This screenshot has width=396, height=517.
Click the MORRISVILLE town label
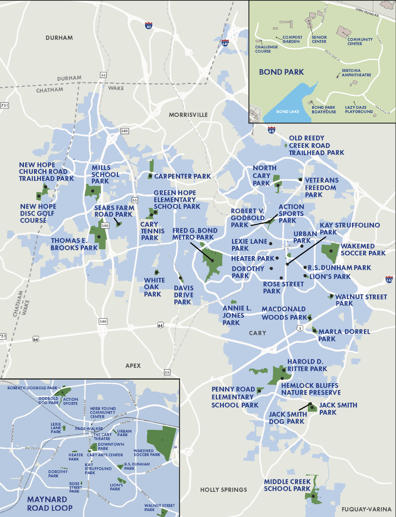(188, 115)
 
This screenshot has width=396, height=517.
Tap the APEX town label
(133, 366)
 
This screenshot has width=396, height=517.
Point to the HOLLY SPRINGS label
(224, 490)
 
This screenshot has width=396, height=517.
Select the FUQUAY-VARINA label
(366, 509)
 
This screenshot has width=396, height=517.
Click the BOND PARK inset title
(281, 72)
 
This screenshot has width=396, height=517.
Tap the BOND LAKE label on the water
(287, 111)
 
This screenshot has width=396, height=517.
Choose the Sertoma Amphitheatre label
(356, 73)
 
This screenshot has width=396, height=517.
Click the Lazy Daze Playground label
(359, 110)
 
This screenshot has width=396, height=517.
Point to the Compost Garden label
(292, 39)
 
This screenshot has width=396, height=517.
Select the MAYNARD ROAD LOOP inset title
(49, 504)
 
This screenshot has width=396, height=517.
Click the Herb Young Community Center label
(103, 413)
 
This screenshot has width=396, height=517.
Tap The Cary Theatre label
(102, 437)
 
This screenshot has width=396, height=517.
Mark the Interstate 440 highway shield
(389, 280)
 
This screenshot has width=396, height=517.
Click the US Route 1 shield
(300, 328)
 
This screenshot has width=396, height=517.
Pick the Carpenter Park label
(183, 176)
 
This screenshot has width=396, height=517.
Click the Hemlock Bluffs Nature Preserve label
(311, 389)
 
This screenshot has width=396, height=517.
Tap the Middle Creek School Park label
(287, 485)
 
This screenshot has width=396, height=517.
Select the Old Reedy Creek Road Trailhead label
(316, 146)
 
